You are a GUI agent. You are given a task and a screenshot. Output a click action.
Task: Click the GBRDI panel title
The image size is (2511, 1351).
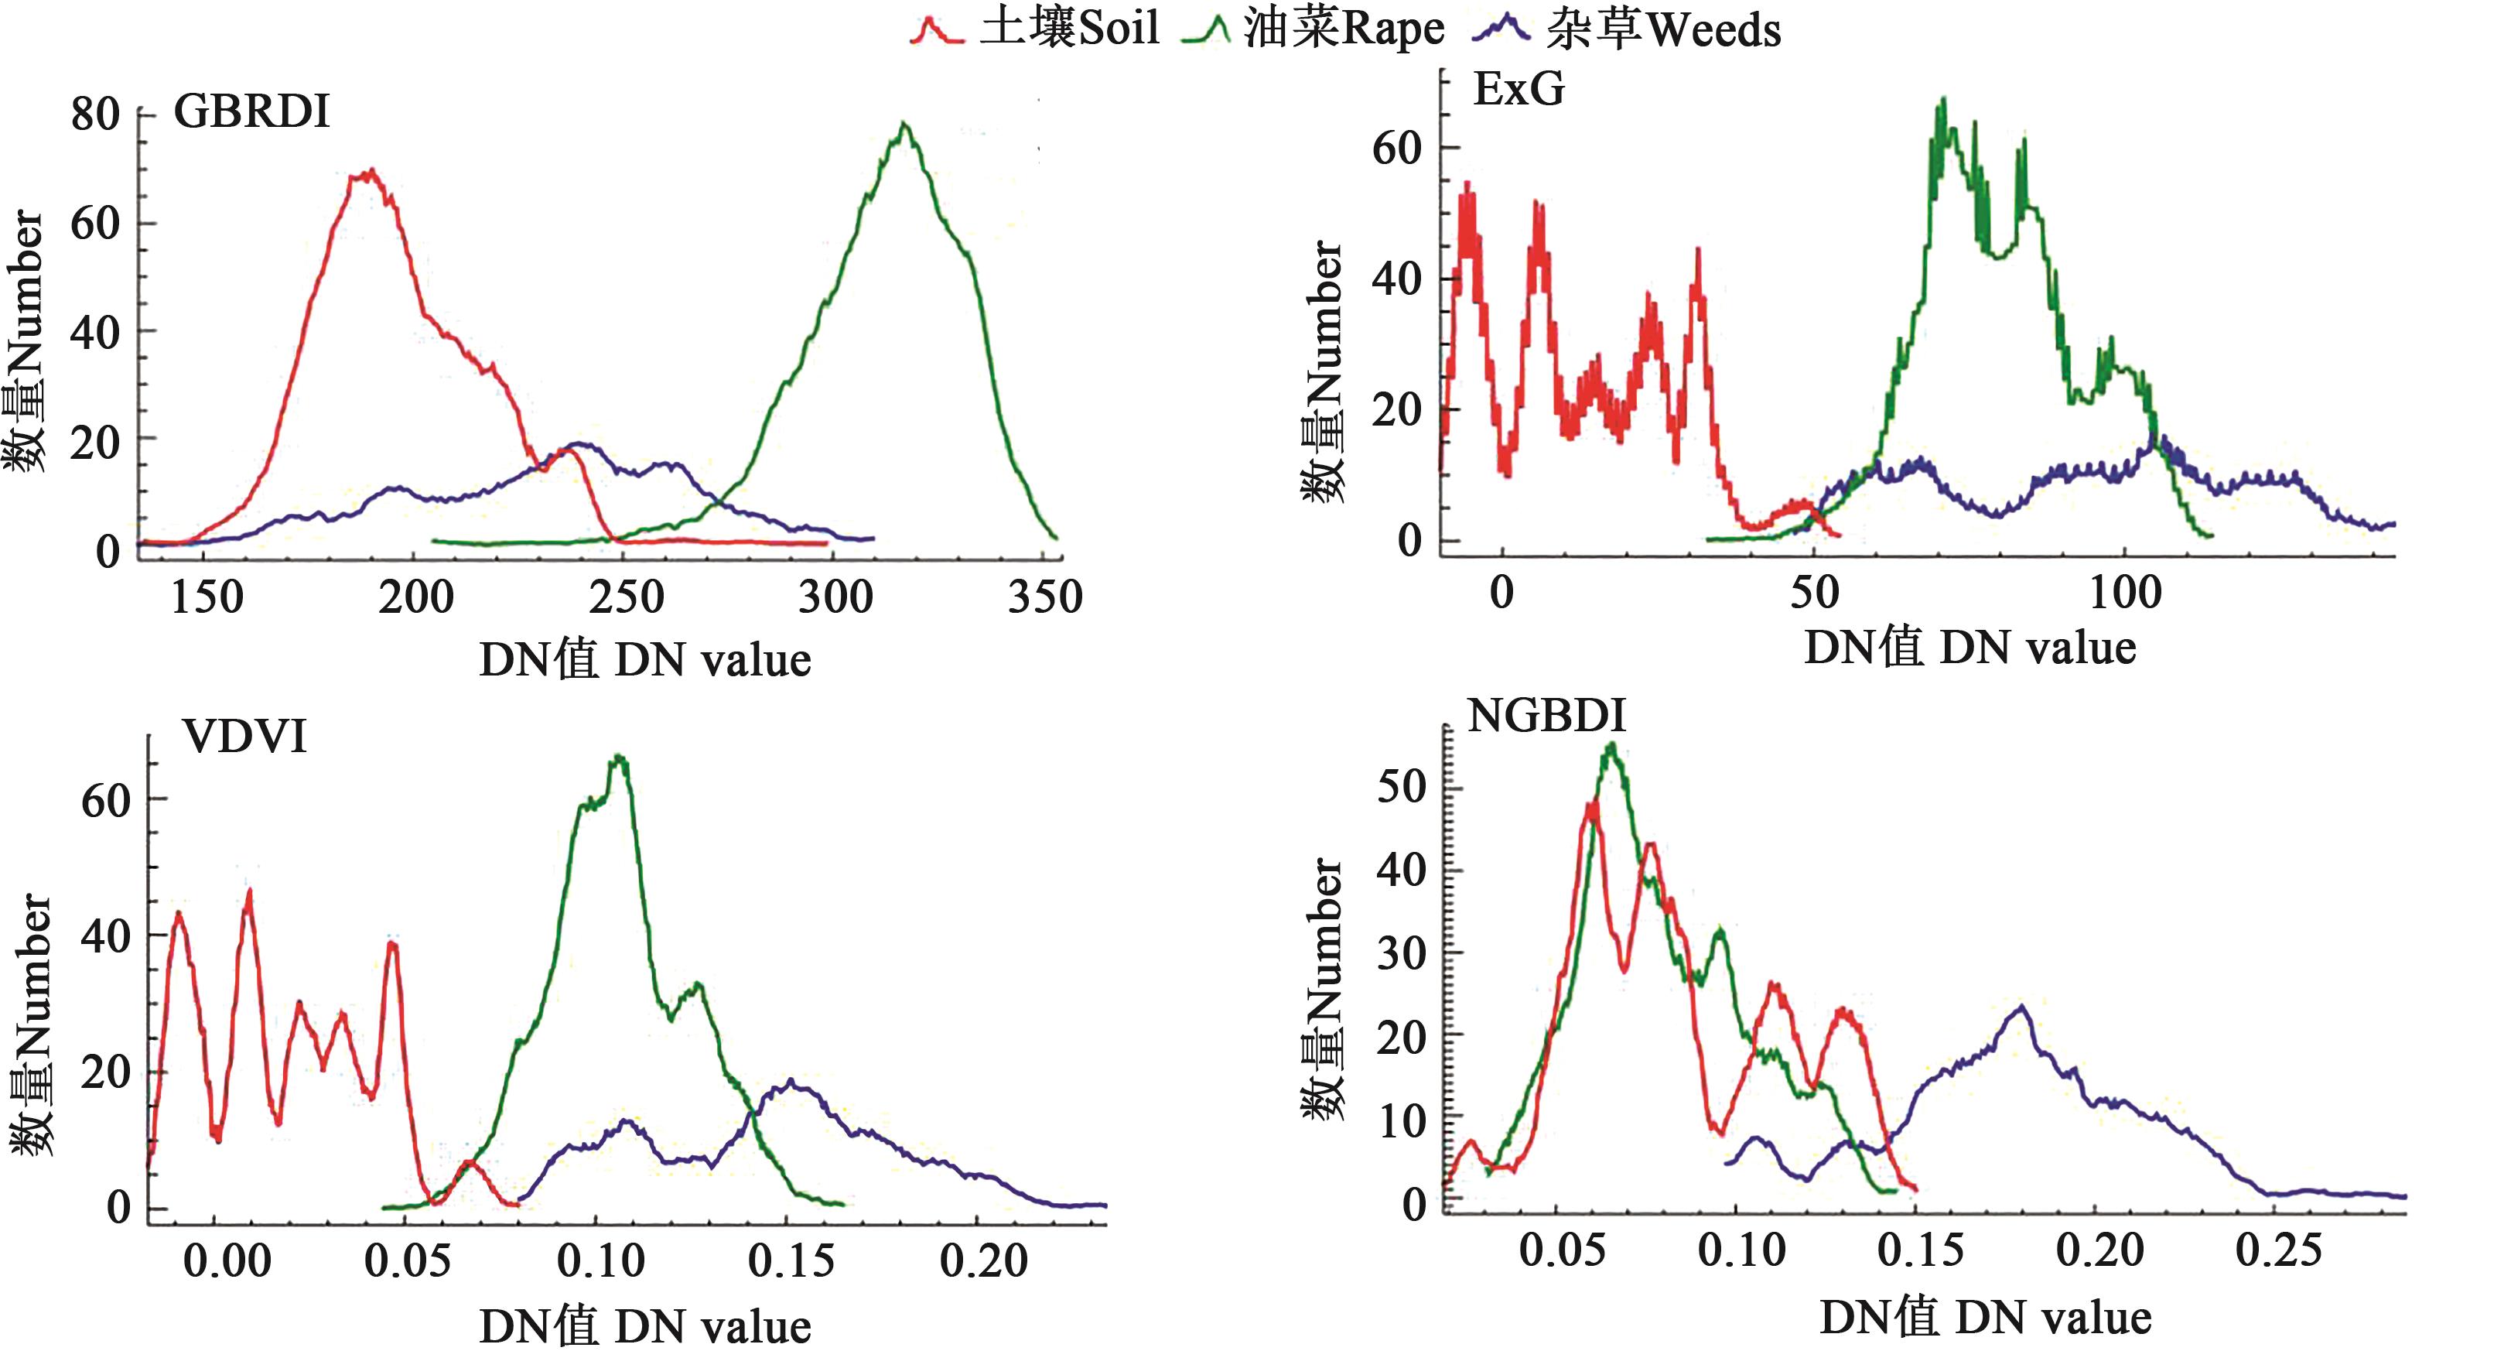[x=251, y=112]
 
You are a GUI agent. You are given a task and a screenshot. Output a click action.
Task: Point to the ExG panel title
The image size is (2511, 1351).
[x=1519, y=90]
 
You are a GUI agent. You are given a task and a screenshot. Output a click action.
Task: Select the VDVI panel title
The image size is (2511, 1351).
[x=244, y=737]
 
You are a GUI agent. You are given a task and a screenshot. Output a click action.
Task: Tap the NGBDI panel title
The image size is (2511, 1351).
[x=1547, y=717]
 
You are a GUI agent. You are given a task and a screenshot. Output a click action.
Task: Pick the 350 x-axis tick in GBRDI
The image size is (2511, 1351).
[x=1045, y=597]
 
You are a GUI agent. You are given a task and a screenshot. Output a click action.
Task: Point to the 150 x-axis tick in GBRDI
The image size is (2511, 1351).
[x=207, y=597]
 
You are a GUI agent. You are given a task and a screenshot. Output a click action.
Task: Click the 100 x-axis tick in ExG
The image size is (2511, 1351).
[x=2125, y=592]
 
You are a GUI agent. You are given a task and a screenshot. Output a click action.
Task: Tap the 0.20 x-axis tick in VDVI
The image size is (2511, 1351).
[x=983, y=1260]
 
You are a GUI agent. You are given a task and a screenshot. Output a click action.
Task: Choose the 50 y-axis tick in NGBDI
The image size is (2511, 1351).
[x=1402, y=787]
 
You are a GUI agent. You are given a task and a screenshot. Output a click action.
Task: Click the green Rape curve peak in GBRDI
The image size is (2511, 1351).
[x=904, y=125]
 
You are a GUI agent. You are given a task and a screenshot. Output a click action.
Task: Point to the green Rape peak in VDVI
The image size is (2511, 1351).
[x=618, y=758]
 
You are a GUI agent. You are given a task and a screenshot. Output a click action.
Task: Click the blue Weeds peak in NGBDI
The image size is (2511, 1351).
[x=2021, y=1007]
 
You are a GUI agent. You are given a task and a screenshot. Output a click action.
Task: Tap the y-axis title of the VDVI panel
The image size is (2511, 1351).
[x=31, y=1024]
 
